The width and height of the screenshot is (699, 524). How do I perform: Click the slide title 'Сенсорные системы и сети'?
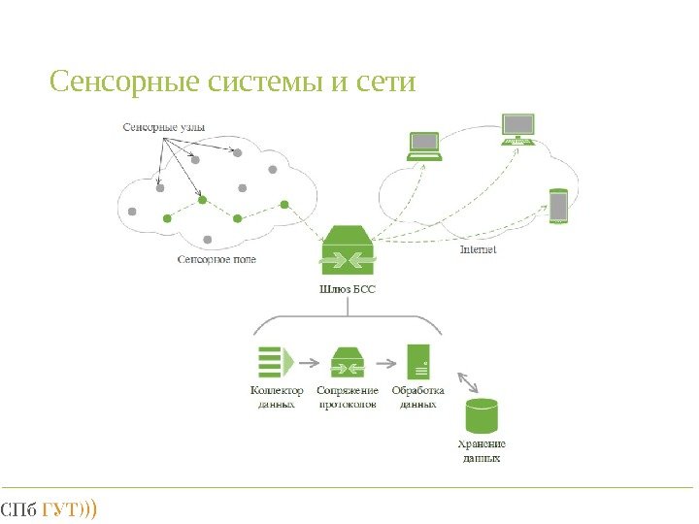tap(232, 82)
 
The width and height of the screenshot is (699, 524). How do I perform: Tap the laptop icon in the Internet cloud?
tap(424, 146)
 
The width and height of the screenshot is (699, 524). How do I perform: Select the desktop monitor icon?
tap(517, 129)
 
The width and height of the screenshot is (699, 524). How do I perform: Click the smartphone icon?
tap(558, 207)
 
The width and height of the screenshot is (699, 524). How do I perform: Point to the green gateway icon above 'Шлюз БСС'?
tap(347, 249)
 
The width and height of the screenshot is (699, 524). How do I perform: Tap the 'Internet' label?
tap(477, 249)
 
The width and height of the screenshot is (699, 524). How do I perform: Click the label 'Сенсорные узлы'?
tap(164, 126)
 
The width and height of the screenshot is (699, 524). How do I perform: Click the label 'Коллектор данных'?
tap(277, 398)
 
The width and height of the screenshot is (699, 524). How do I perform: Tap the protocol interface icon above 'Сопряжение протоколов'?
tap(349, 363)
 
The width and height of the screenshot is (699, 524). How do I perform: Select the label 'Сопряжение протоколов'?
tap(349, 398)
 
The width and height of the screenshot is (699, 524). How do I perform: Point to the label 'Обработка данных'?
tap(418, 398)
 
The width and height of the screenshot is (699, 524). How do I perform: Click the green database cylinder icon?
tap(482, 416)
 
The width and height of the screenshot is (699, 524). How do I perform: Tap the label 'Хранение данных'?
tap(482, 451)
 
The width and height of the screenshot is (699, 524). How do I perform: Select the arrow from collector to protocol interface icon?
tap(309, 364)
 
